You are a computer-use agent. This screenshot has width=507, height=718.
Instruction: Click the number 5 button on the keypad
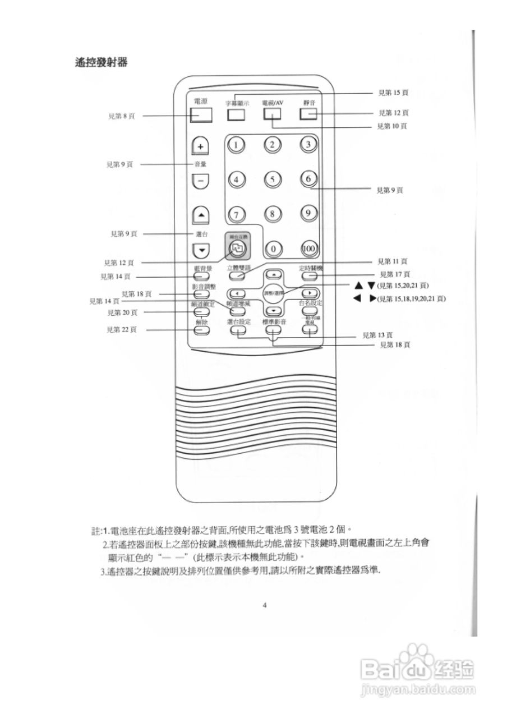pos(272,179)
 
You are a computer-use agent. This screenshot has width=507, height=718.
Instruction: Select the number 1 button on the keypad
pos(237,145)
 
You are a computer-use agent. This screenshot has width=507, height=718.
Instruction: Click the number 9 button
pos(308,213)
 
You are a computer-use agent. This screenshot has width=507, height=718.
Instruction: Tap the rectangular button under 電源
pos(201,114)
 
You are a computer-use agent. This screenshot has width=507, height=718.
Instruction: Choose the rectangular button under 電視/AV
pos(271,114)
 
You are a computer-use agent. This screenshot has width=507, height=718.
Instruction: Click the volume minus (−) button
pos(200,181)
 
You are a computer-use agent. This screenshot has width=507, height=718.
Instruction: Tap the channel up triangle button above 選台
pos(201,214)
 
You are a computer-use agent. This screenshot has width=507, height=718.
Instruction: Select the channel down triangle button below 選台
pos(201,250)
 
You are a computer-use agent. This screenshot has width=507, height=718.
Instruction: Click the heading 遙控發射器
pos(102,62)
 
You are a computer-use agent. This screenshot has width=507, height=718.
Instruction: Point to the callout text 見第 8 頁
pos(121,116)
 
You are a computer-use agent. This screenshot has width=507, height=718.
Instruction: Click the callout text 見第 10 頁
pos(393,126)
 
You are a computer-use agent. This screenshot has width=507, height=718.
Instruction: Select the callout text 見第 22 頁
pos(122,330)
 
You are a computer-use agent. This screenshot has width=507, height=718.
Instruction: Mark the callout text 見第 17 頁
pos(395,274)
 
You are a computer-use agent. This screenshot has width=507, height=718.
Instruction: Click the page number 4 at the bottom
pos(264,605)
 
